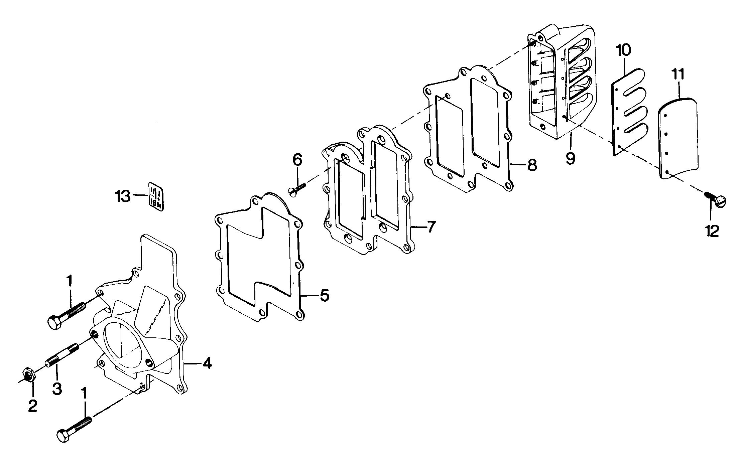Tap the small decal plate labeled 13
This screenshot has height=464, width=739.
(156, 197)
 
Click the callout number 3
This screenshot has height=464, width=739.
(57, 389)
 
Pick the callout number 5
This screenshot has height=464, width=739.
(324, 295)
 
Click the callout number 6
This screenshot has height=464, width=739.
(297, 160)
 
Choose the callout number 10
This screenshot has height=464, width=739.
(624, 50)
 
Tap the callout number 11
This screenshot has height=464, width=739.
(679, 74)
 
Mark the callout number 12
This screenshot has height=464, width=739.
(712, 230)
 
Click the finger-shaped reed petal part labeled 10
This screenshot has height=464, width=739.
(630, 112)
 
